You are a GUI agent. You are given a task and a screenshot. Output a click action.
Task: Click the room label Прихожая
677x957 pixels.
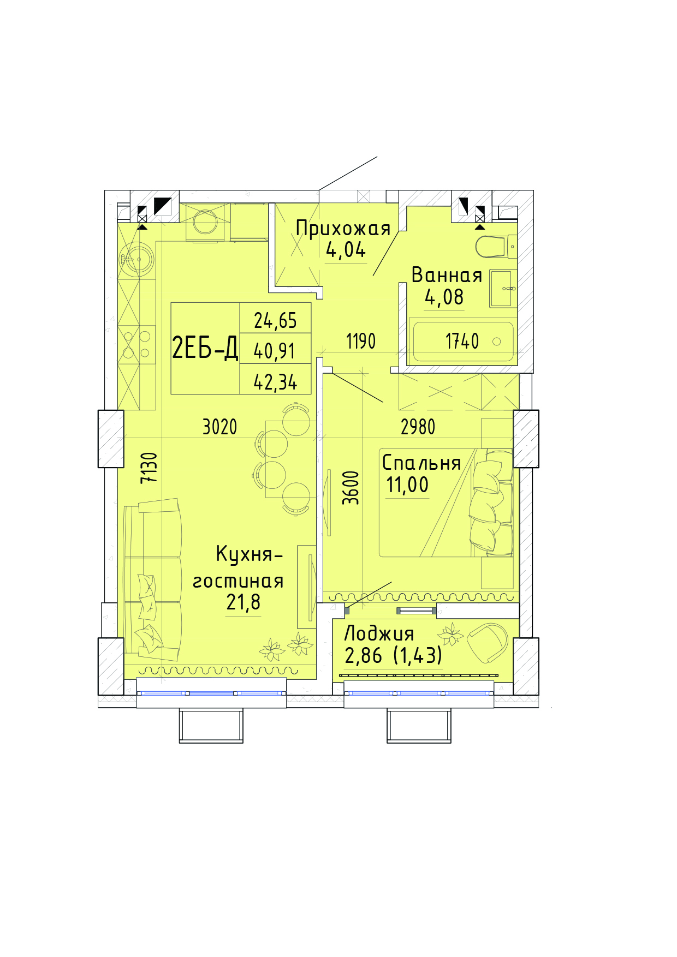pos(343,229)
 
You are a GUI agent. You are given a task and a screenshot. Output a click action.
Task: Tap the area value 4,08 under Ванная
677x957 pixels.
pos(444,297)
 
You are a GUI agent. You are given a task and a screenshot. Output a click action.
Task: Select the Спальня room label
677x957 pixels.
pos(421,463)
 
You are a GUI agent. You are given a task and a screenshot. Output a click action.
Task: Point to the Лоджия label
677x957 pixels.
pos(379,633)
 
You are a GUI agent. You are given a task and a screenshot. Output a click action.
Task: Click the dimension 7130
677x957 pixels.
pos(149,468)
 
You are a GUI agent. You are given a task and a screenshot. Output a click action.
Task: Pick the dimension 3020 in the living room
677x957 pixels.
pos(220,427)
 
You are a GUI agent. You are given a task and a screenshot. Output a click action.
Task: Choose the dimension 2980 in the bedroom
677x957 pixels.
pos(418,427)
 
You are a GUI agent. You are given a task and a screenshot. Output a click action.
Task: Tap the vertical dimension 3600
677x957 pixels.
pos(351,488)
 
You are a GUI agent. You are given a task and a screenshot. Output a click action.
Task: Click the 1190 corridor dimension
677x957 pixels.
pos(361,342)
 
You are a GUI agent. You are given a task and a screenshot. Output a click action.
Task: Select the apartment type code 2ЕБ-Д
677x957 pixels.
pos(205,348)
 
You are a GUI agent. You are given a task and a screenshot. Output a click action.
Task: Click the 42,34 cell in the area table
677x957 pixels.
pos(275,382)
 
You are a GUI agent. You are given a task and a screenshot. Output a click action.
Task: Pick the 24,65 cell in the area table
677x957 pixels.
pos(276,321)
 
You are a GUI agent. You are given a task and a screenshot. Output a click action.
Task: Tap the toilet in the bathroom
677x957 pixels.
pos(496,247)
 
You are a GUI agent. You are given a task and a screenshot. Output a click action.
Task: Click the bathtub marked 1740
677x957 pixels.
pos(464,342)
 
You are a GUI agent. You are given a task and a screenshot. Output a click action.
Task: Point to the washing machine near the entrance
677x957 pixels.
pos(206,223)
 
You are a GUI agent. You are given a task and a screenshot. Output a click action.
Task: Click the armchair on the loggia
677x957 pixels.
pos(488,642)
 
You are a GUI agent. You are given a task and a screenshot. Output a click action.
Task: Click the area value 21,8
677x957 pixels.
pos(244,602)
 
